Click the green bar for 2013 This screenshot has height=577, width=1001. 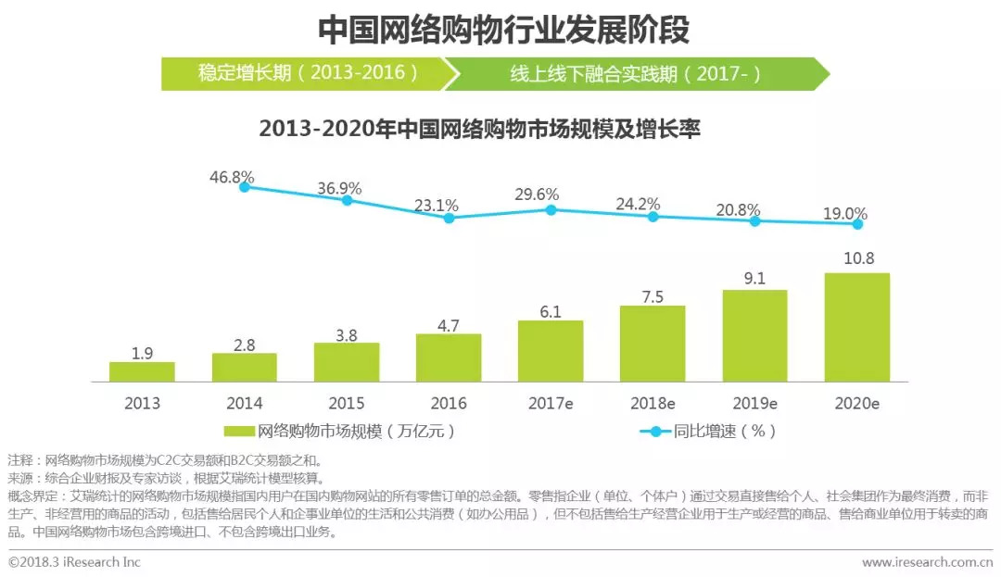pyautogui.click(x=142, y=371)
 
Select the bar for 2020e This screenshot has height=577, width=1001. pyautogui.click(x=857, y=327)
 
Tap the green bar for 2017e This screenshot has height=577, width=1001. pyautogui.click(x=551, y=351)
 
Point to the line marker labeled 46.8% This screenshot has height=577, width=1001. pyautogui.click(x=245, y=187)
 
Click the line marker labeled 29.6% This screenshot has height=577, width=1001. pyautogui.click(x=551, y=210)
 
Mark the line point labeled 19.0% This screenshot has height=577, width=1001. pyautogui.click(x=857, y=224)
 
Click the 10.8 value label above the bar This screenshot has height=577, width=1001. pyautogui.click(x=857, y=258)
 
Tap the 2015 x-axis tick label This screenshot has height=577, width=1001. pyautogui.click(x=346, y=404)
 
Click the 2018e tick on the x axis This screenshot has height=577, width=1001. pyautogui.click(x=653, y=404)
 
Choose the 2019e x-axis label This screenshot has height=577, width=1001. pyautogui.click(x=754, y=404)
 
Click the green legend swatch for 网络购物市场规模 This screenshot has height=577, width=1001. pyautogui.click(x=239, y=432)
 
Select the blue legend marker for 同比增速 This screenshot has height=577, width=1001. pyautogui.click(x=655, y=432)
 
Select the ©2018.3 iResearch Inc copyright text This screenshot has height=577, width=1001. pyautogui.click(x=75, y=562)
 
